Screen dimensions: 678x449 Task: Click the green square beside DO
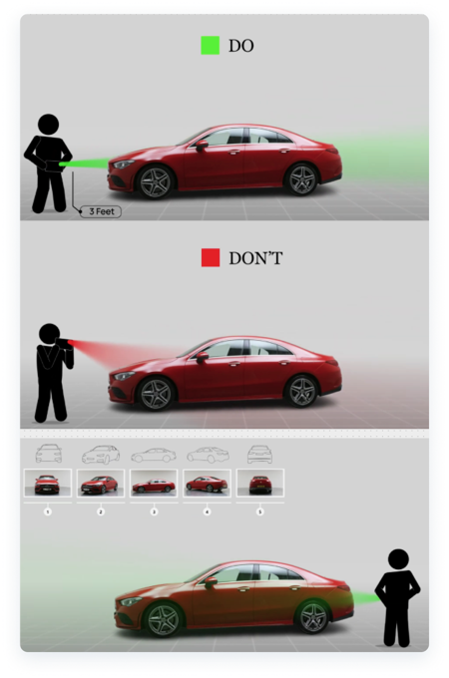click(x=210, y=45)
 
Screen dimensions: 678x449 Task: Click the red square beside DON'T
click(x=210, y=257)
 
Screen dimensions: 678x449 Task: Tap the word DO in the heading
click(x=241, y=46)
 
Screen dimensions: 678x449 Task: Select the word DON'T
click(x=255, y=258)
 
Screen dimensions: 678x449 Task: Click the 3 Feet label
click(x=102, y=211)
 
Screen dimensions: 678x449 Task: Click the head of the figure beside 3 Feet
click(x=49, y=124)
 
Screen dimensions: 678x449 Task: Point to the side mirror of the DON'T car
click(x=202, y=356)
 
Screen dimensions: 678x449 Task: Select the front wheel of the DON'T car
click(x=154, y=393)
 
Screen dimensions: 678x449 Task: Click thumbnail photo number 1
click(x=48, y=483)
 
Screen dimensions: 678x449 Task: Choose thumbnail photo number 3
click(x=154, y=483)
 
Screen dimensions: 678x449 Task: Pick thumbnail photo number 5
click(x=260, y=483)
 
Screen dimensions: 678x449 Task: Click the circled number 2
click(x=101, y=511)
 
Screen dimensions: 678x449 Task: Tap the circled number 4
click(x=207, y=511)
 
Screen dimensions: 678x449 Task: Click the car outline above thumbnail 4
click(x=207, y=454)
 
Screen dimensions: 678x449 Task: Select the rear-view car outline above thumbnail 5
click(x=260, y=454)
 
